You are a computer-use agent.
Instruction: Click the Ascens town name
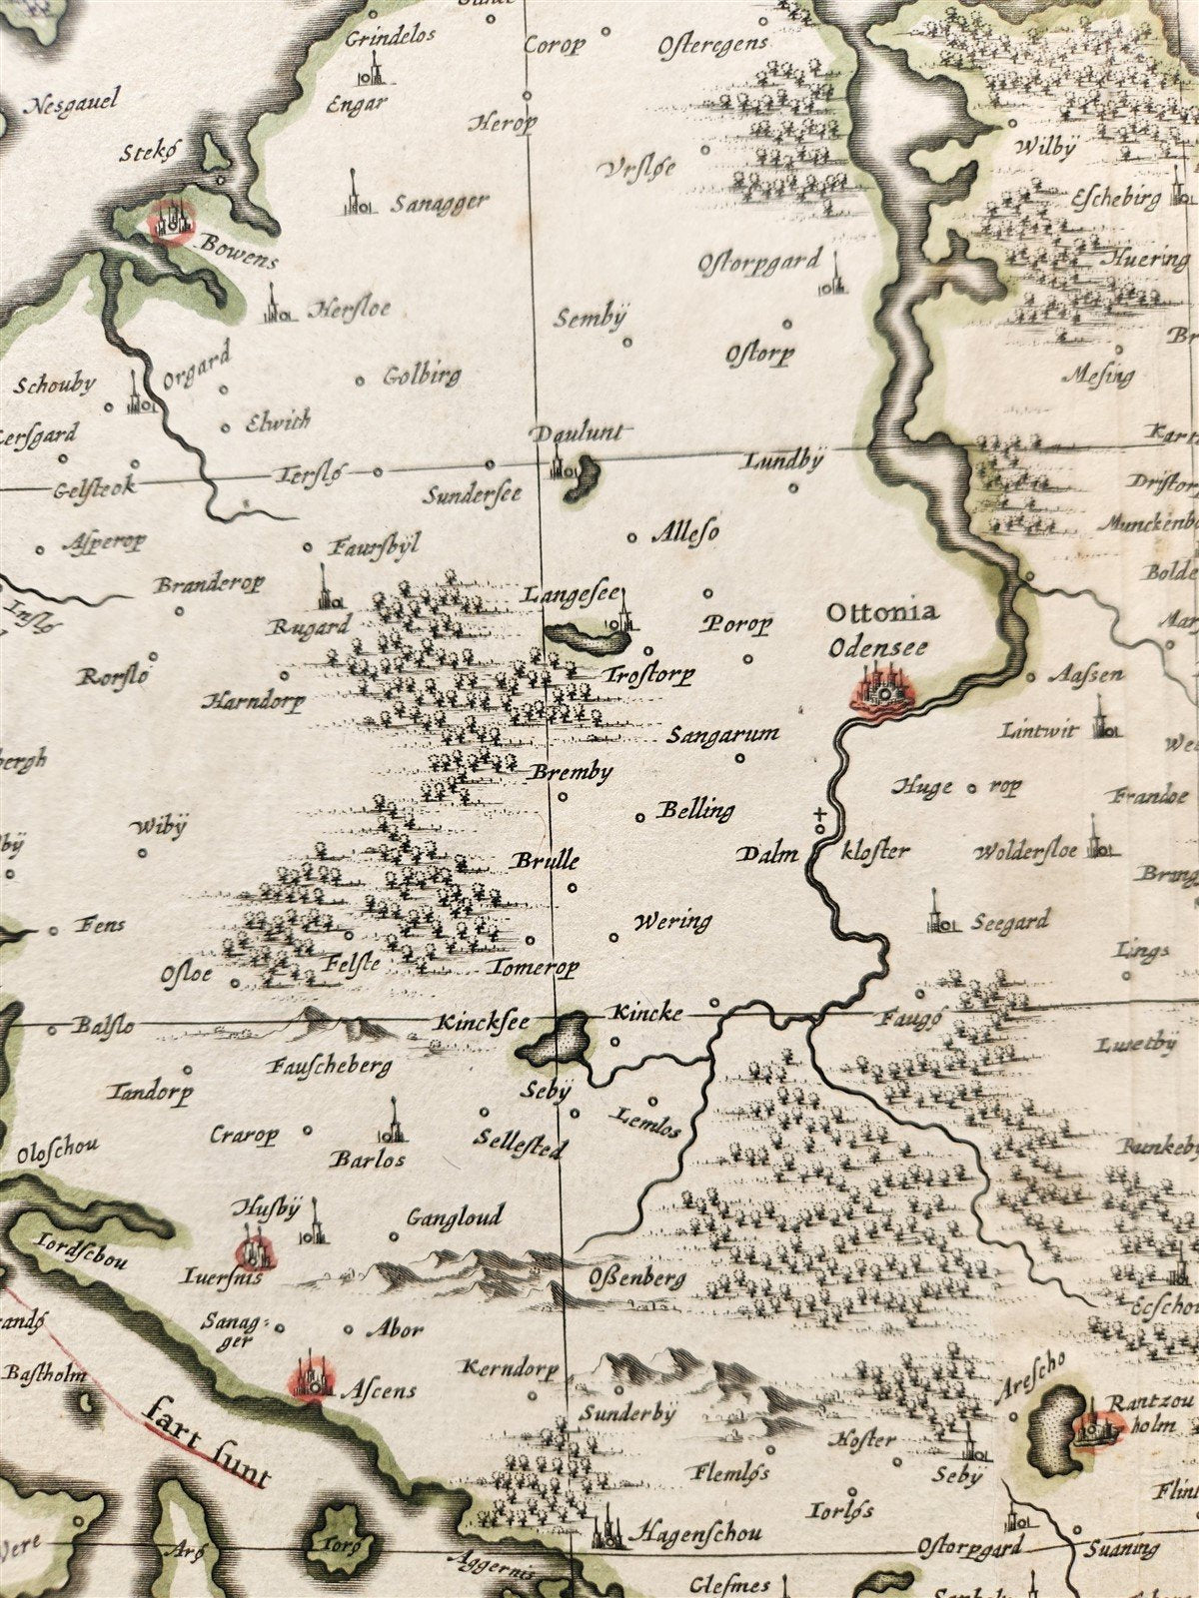click(x=379, y=1389)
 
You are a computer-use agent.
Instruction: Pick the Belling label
click(x=694, y=810)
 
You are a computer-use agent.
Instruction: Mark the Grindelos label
click(x=392, y=37)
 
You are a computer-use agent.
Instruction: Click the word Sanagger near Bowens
click(x=439, y=203)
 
